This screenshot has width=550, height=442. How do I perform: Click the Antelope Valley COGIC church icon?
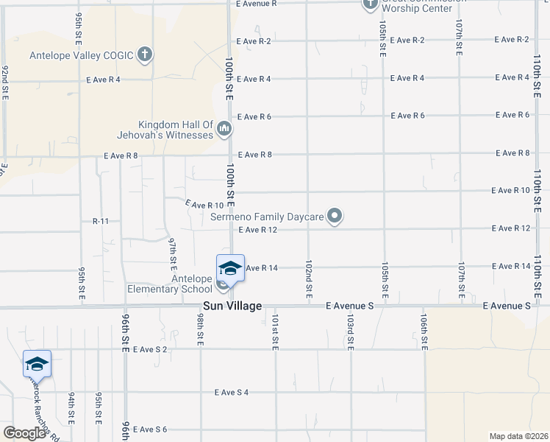145,54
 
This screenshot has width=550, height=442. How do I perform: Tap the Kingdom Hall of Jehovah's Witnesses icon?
224,130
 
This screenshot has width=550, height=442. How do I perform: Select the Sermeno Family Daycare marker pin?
335,217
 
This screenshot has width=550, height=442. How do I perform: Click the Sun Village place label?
232,306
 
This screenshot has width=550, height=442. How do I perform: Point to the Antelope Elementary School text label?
182,284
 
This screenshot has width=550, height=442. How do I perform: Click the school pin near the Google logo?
37,364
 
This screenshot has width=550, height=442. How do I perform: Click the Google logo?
24,434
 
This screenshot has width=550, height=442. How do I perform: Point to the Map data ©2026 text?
519,436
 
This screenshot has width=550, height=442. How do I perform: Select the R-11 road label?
101,221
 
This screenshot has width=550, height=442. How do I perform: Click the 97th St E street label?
173,251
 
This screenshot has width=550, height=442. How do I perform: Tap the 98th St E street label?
200,327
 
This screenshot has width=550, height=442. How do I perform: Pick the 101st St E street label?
275,332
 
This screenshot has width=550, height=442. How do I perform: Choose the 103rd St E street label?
351,332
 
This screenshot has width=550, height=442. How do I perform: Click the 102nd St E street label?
310,273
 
